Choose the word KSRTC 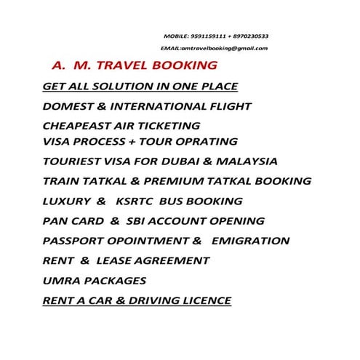(144, 201)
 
